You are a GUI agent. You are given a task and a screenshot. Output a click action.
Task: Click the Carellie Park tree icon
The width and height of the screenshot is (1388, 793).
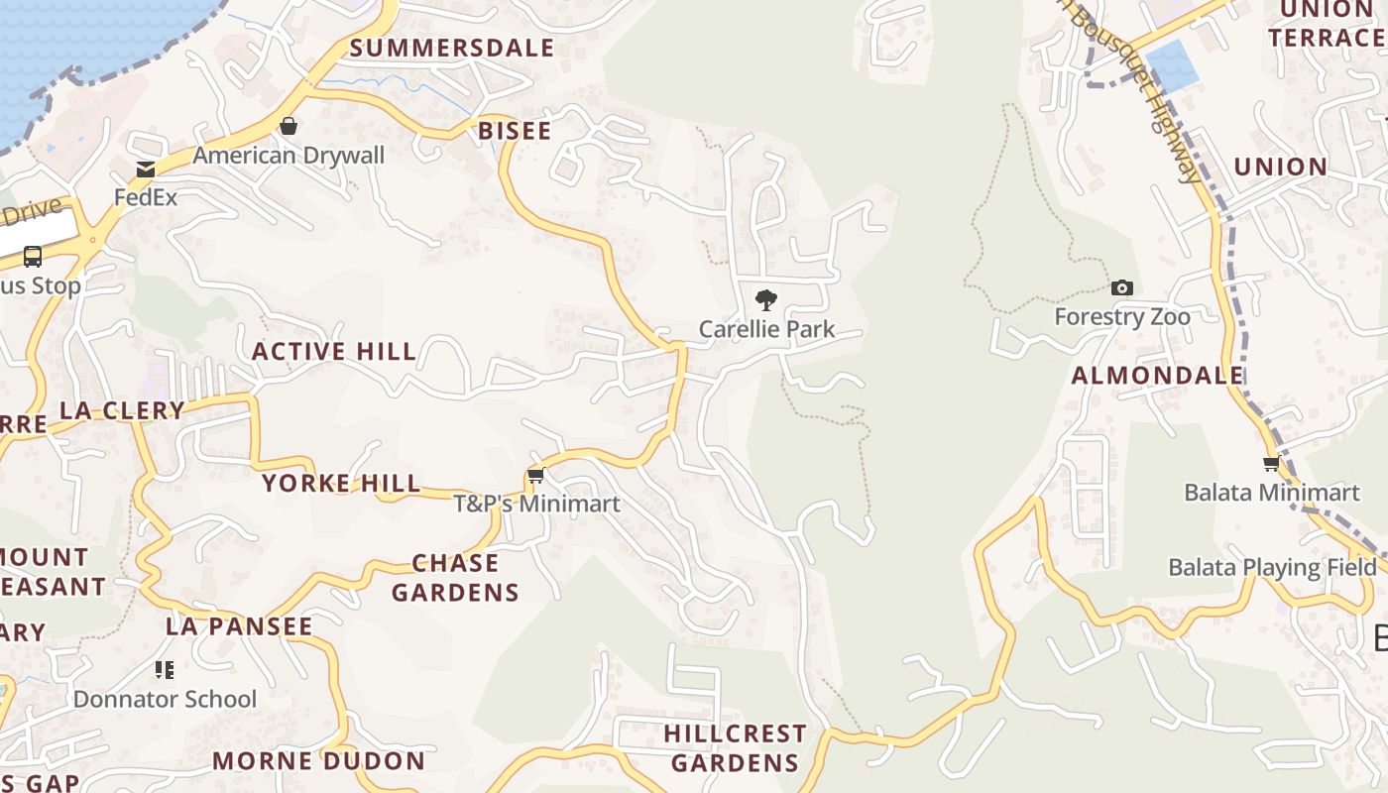765,299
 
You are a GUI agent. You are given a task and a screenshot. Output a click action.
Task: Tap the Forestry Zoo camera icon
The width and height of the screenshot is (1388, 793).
1121,287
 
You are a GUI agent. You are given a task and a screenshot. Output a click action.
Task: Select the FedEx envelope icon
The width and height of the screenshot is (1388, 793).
146,170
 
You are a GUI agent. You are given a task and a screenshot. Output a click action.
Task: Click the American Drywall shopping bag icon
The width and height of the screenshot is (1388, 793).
289,126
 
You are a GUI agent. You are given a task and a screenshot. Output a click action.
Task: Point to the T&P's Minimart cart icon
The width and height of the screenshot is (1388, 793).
536,476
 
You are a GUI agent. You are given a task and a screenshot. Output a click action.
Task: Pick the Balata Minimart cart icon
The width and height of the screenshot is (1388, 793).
1271,464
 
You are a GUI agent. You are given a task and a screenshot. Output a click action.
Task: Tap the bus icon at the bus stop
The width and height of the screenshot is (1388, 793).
33,257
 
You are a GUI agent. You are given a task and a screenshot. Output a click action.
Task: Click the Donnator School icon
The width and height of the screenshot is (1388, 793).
165,670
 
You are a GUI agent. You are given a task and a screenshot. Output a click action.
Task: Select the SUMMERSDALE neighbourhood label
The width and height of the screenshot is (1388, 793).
451,48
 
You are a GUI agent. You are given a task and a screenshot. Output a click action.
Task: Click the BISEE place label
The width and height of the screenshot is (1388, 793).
515,131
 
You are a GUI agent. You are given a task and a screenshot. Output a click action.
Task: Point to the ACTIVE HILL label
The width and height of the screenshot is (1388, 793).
334,351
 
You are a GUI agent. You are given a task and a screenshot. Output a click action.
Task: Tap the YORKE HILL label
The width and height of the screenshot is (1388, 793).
341,483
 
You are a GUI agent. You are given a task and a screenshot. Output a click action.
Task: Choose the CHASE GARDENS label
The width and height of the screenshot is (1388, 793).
455,578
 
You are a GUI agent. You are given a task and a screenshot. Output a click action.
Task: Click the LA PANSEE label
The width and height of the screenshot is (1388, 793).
239,626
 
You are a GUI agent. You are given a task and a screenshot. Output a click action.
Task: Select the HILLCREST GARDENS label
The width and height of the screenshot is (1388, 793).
735,747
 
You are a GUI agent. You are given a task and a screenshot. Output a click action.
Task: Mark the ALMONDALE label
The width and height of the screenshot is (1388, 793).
1157,375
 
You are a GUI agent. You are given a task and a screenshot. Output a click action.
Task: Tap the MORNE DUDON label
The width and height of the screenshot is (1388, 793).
318,761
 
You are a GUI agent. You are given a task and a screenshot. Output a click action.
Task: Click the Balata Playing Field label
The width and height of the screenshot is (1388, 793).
1272,567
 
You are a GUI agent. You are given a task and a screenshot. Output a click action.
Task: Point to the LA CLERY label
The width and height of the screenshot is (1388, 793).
122,410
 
